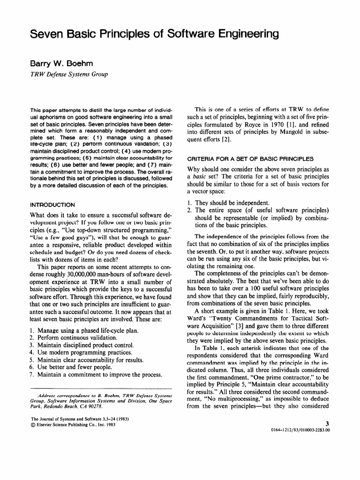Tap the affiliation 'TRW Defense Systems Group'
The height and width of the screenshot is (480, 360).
(x=69, y=74)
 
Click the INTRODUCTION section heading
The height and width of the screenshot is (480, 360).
(x=52, y=205)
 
